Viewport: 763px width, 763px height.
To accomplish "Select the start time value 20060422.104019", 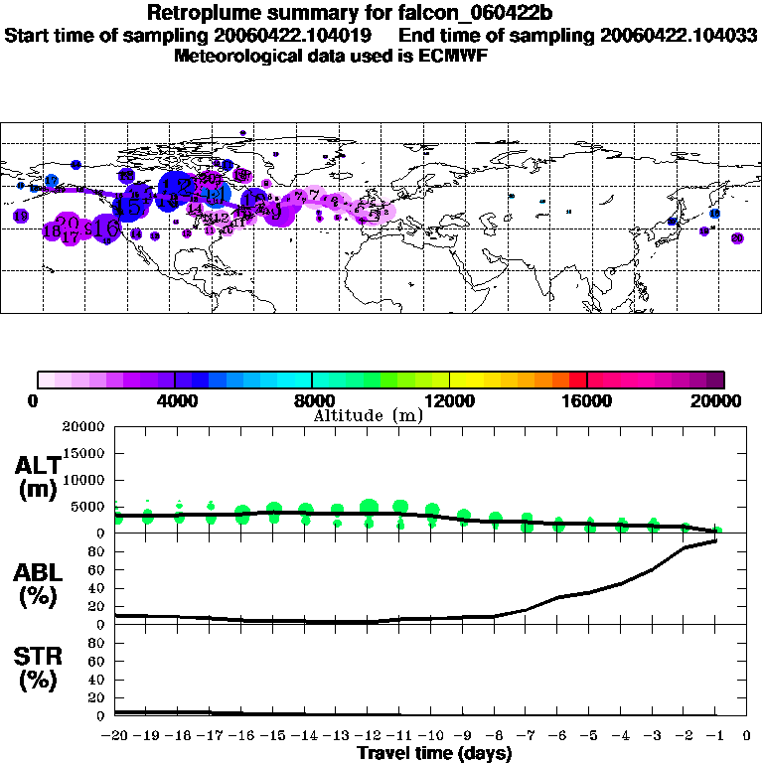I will pos(297,35).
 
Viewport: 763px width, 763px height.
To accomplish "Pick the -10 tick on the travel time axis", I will pos(431,736).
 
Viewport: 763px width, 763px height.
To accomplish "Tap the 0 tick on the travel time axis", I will pos(747,736).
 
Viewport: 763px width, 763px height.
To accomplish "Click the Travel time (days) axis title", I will pos(434,754).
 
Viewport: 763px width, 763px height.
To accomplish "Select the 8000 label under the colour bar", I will pos(312,401).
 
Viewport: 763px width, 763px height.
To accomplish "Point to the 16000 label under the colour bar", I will pos(587,401).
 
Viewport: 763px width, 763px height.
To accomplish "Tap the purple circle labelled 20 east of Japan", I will pos(736,238).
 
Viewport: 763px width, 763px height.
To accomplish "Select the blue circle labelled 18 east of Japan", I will pos(714,214).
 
